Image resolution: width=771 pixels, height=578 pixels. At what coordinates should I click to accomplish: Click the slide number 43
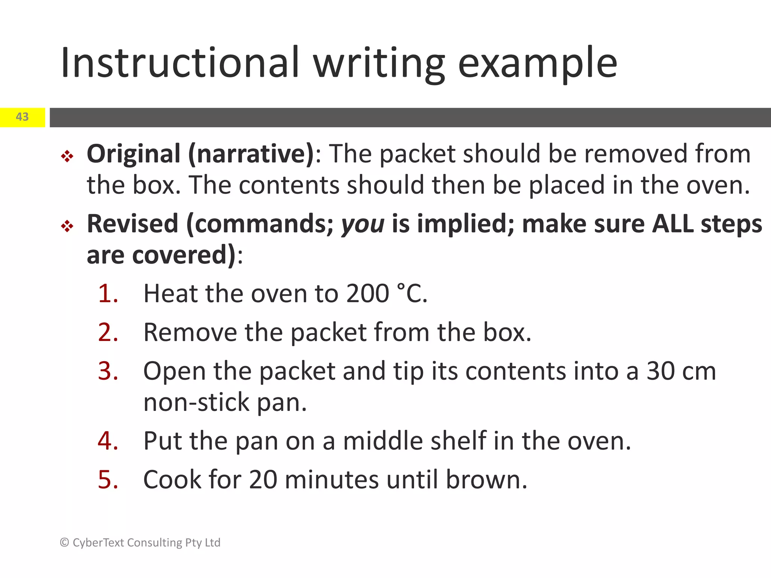[x=22, y=117]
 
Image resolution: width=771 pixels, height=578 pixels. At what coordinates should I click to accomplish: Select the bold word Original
[x=134, y=154]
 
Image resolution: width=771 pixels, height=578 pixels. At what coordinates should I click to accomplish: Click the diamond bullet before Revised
[x=67, y=226]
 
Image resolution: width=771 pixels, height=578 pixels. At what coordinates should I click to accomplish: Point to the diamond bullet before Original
[x=67, y=156]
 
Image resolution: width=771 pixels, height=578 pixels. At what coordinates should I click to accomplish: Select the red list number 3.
[x=108, y=371]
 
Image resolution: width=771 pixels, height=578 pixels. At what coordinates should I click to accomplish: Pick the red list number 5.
[x=108, y=480]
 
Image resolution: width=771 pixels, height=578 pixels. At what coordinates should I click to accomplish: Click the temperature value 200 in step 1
[x=367, y=294]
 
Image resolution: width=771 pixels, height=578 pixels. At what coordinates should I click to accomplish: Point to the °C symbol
[x=412, y=294]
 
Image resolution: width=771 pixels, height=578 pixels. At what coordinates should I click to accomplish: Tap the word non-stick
[x=196, y=403]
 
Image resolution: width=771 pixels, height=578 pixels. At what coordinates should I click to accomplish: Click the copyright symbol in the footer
[x=64, y=542]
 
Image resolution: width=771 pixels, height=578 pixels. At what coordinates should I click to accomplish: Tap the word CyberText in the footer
[x=98, y=543]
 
